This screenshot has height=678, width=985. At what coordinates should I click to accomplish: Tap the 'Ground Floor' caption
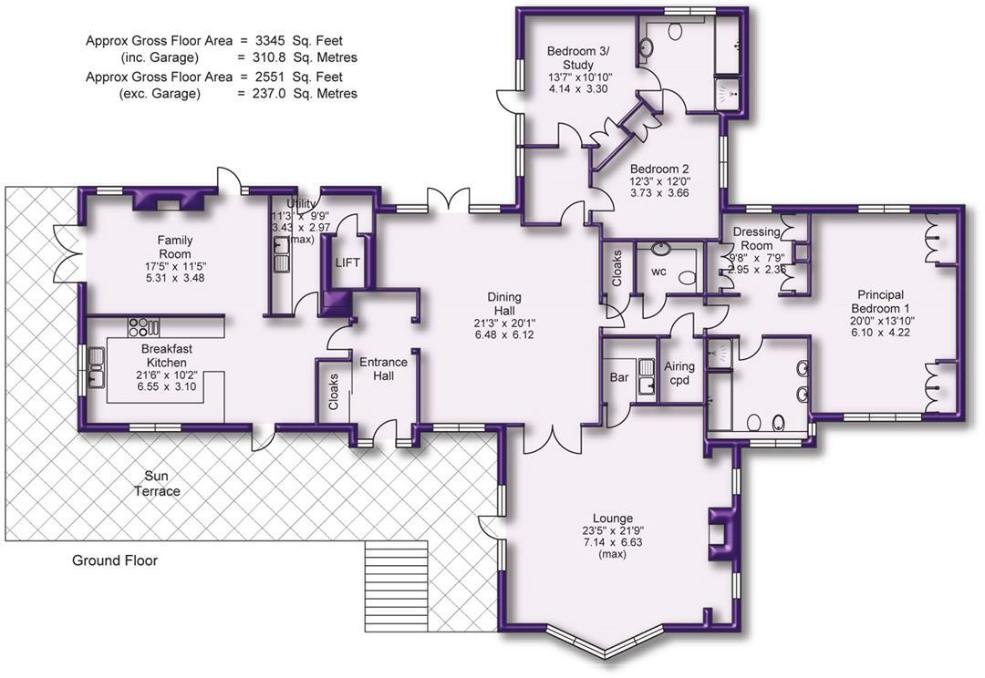(115, 560)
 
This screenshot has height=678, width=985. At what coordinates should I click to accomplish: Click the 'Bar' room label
(617, 376)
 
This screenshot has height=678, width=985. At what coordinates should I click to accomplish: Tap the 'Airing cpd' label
(679, 373)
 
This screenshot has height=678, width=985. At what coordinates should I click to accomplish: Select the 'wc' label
(658, 272)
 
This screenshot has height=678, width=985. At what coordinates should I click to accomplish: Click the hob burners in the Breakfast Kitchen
(142, 325)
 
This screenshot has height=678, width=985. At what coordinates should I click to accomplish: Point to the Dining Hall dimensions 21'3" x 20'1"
(504, 322)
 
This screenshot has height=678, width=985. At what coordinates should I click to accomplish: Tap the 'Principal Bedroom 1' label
(880, 301)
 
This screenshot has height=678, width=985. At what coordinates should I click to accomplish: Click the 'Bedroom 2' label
(658, 169)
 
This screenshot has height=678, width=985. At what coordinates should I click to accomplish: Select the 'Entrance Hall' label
(383, 369)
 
